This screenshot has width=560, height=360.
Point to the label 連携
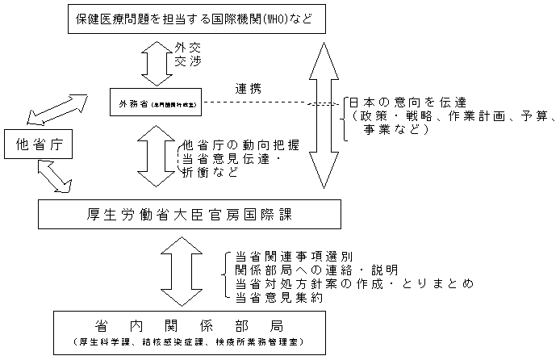248,88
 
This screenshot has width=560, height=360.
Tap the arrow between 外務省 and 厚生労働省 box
156,155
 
